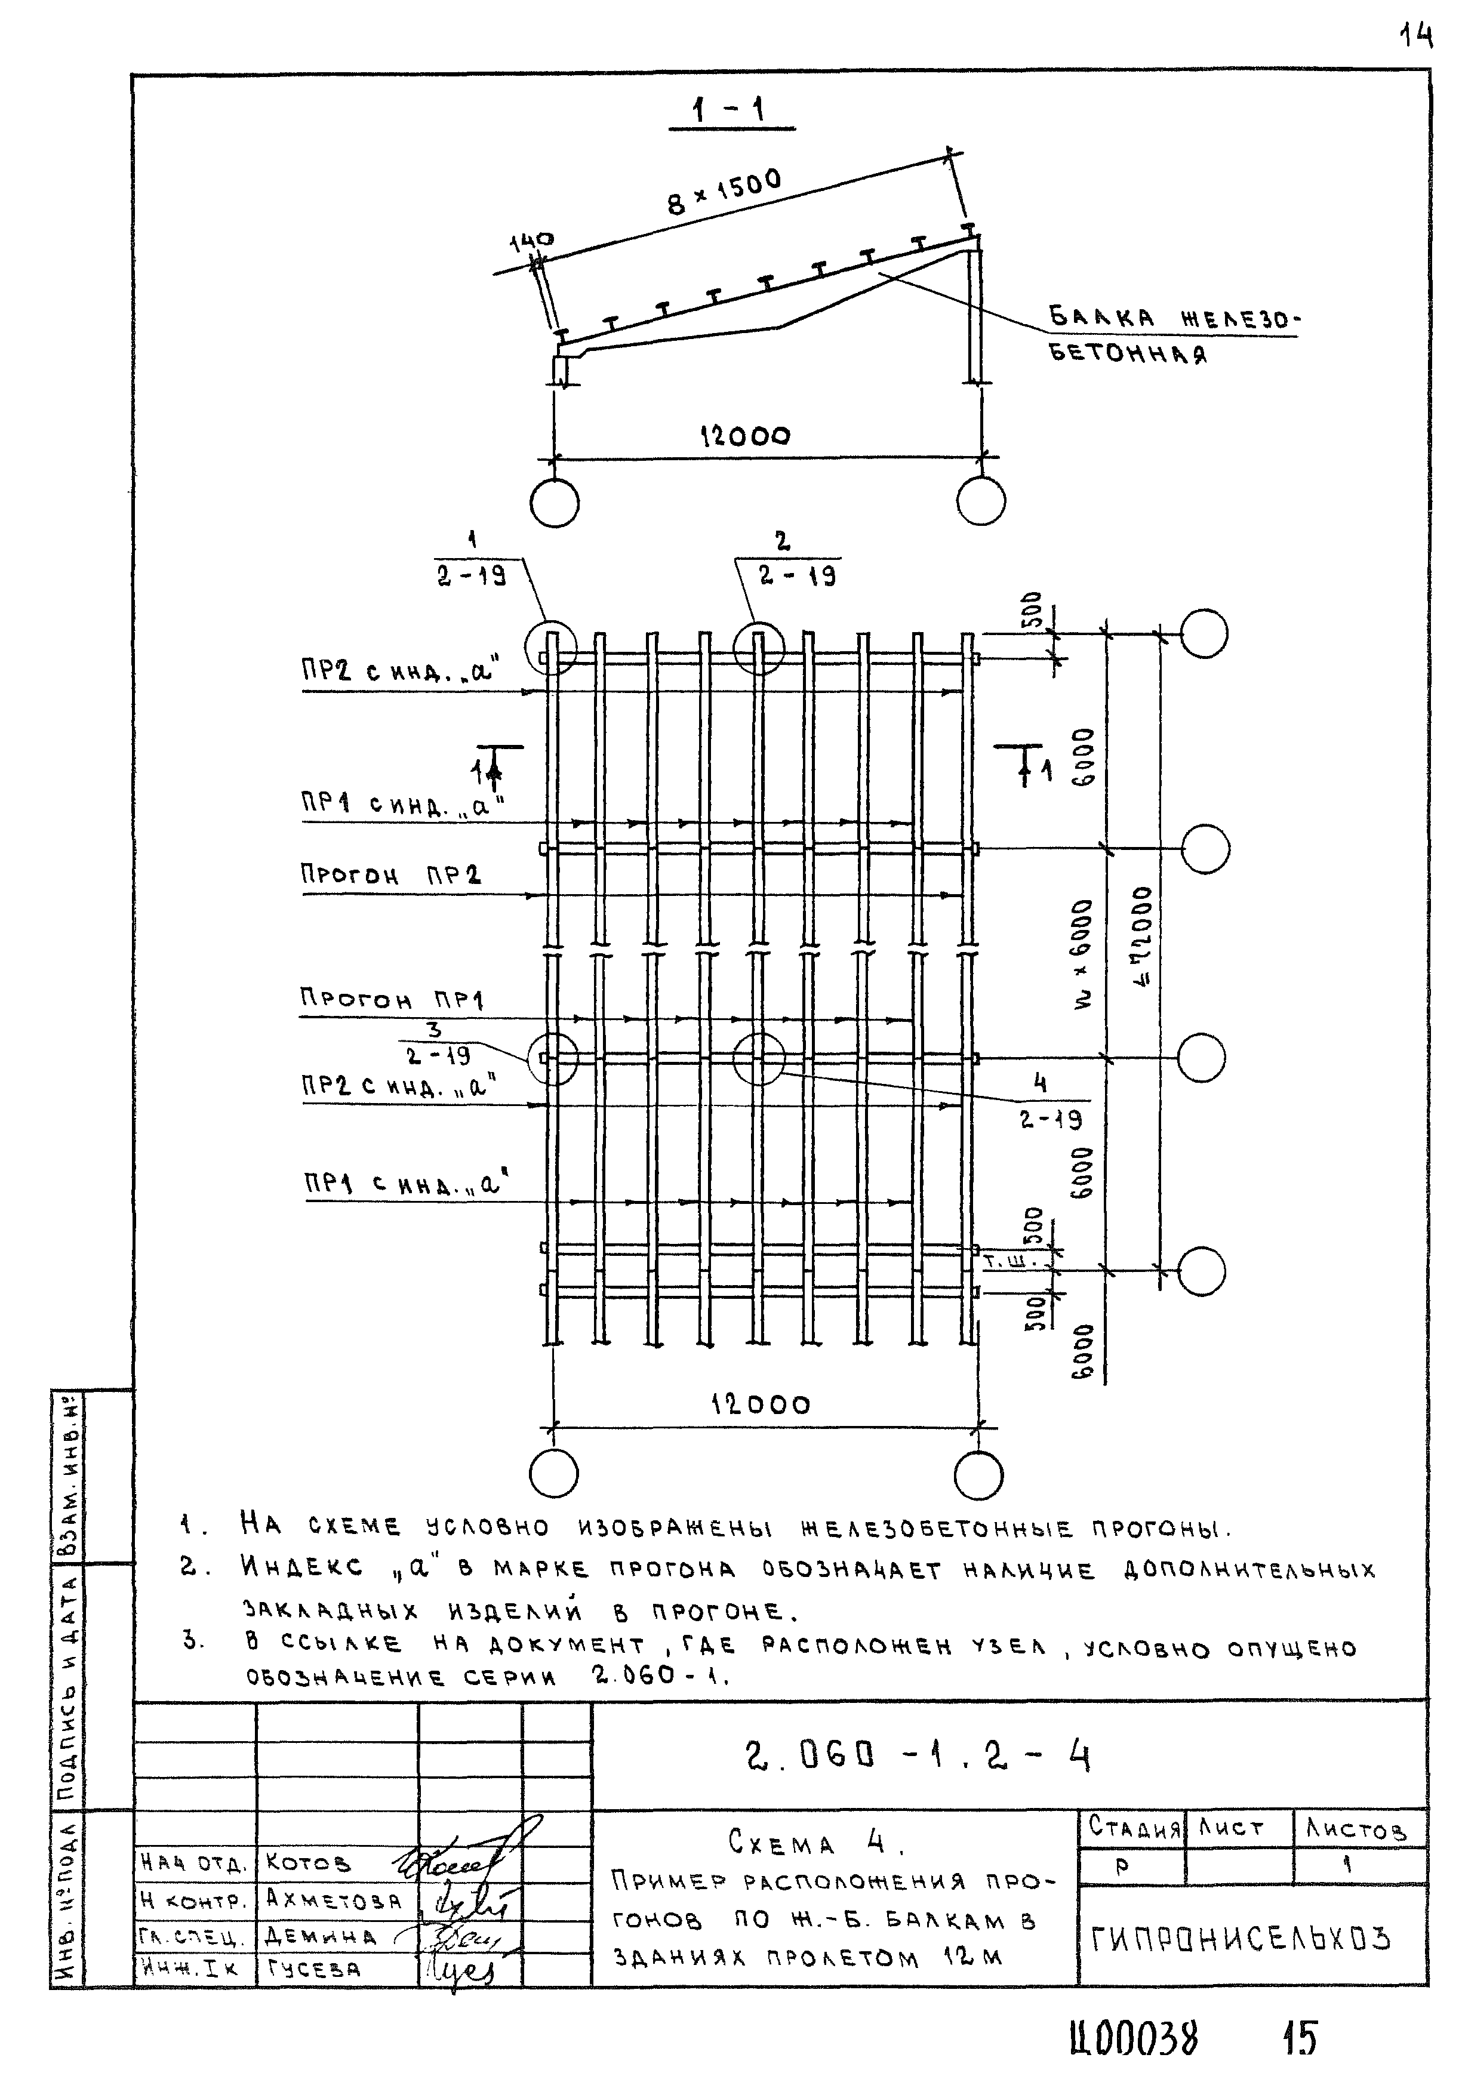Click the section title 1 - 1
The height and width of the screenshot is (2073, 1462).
[x=730, y=111]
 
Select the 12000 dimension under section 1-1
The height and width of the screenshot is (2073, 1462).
[x=746, y=437]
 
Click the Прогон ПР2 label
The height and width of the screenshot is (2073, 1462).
[x=390, y=874]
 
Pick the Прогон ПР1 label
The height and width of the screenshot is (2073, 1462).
[x=391, y=999]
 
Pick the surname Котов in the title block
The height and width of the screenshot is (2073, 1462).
[x=309, y=1863]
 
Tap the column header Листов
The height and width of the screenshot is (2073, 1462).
[x=1356, y=1829]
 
